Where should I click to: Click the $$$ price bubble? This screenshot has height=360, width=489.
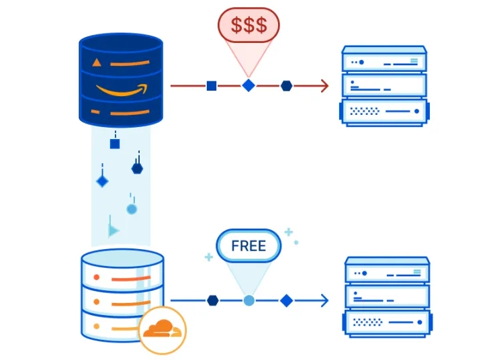click(x=249, y=25)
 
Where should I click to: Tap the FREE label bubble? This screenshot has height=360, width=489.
click(x=249, y=246)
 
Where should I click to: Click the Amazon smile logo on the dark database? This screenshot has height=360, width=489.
click(x=122, y=89)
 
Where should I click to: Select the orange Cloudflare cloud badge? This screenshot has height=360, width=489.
click(x=162, y=330)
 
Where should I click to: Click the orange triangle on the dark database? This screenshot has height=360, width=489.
click(x=97, y=62)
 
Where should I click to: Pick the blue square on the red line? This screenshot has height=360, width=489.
click(x=212, y=85)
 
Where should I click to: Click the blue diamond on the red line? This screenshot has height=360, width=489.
click(x=249, y=85)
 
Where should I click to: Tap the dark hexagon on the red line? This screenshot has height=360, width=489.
click(x=286, y=85)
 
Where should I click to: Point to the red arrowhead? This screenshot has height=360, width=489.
click(x=325, y=85)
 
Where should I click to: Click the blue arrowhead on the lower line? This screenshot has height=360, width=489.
click(x=325, y=300)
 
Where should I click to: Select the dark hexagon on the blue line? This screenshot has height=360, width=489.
click(x=212, y=300)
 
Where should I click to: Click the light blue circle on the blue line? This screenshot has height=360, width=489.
click(x=249, y=300)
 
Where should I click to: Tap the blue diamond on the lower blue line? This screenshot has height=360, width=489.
click(x=286, y=300)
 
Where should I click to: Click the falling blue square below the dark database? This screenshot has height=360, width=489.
click(x=115, y=144)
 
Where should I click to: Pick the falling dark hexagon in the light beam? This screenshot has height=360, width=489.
click(x=137, y=169)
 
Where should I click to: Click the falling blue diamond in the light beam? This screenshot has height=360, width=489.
click(x=102, y=181)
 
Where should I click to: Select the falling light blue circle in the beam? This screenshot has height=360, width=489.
click(x=132, y=209)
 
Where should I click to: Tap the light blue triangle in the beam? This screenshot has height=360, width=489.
click(x=114, y=230)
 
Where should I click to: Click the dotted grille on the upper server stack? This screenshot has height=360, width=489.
click(x=365, y=111)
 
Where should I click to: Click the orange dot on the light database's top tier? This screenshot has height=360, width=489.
click(x=96, y=277)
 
